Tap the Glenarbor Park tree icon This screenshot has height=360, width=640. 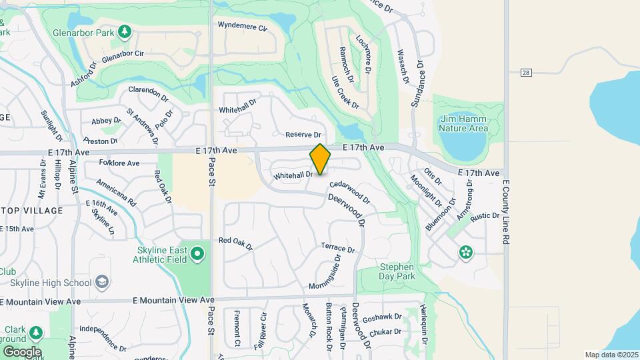point(124,31)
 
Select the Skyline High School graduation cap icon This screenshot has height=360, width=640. point(102,283)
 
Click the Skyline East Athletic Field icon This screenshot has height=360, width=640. point(197,253)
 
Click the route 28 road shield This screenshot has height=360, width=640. point(526,72)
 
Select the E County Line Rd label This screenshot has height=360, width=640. point(506,211)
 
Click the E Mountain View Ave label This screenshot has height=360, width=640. point(173,301)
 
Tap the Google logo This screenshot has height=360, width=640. point(21,351)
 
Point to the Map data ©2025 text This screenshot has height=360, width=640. point(611,355)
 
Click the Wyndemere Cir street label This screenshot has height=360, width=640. point(243,27)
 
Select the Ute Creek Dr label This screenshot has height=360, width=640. point(345,93)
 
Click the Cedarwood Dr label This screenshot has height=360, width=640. point(349,191)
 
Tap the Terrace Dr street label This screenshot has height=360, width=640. point(338,248)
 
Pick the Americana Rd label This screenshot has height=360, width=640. point(116,192)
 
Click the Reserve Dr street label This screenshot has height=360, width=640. point(303,135)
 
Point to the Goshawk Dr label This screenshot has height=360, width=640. point(383,317)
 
